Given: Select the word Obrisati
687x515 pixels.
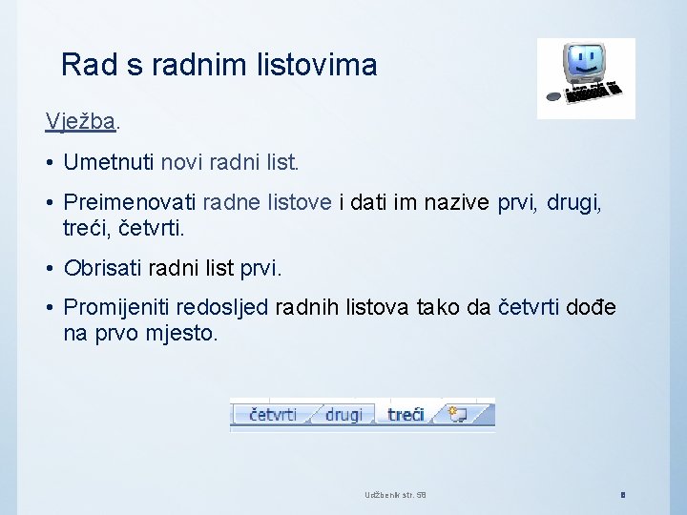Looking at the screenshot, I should (x=104, y=268).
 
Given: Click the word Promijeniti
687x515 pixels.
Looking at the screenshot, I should (x=119, y=308).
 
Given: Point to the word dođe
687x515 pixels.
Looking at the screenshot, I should (x=592, y=308).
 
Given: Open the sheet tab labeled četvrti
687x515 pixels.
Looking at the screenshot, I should (x=273, y=414).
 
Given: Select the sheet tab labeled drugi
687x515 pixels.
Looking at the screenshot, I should (x=343, y=414).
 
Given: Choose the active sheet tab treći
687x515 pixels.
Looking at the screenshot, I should (x=406, y=414).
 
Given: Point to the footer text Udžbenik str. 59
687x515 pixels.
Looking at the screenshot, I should (x=395, y=494).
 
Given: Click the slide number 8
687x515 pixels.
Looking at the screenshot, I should (x=622, y=494).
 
